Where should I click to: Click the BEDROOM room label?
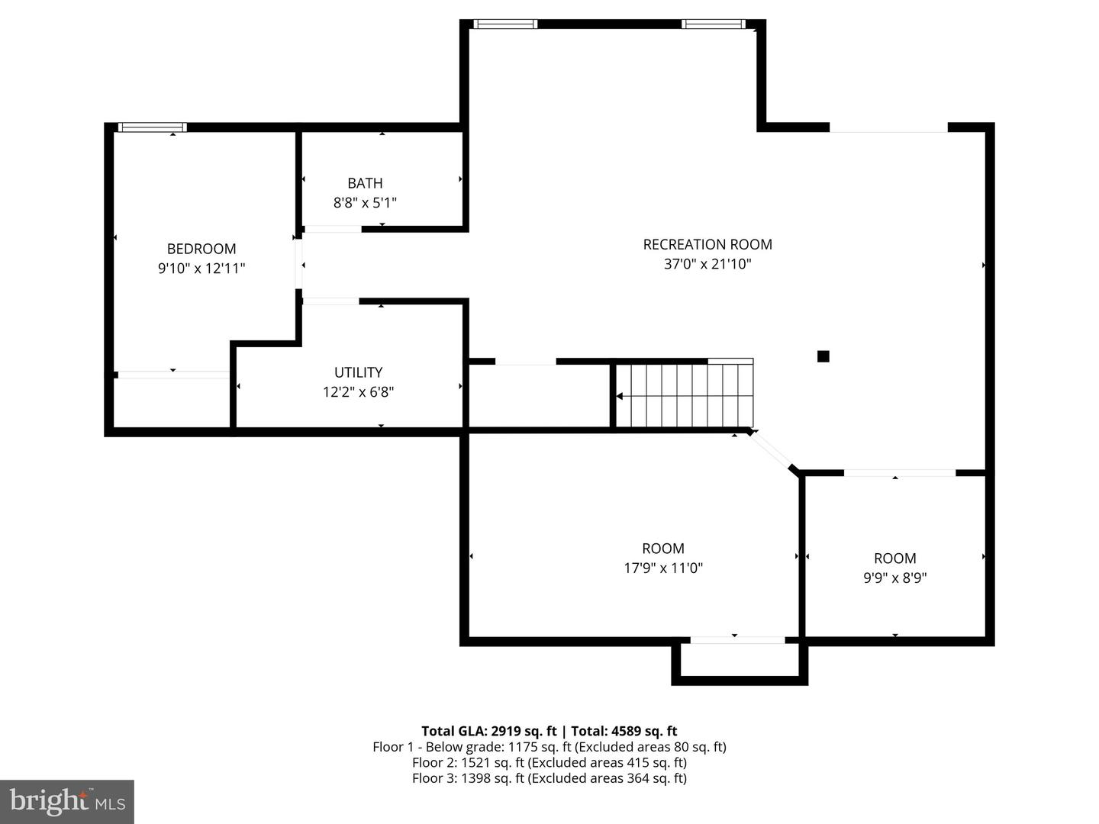201,249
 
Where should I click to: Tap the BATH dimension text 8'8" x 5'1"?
365,203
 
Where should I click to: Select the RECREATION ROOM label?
707,244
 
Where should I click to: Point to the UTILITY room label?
358,372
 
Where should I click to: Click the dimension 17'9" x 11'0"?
662,568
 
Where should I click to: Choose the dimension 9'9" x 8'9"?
894,578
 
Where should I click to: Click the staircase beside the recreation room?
685,395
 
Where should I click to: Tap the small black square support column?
823,356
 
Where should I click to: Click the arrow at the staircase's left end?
620,396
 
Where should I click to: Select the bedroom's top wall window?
153,127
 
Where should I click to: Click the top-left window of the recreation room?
505,24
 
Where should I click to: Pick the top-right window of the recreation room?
713,24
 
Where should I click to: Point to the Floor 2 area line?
549,762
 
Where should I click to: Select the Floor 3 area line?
549,778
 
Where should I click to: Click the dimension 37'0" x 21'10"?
707,265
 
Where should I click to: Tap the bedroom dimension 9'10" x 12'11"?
201,269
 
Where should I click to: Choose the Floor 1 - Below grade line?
549,747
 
